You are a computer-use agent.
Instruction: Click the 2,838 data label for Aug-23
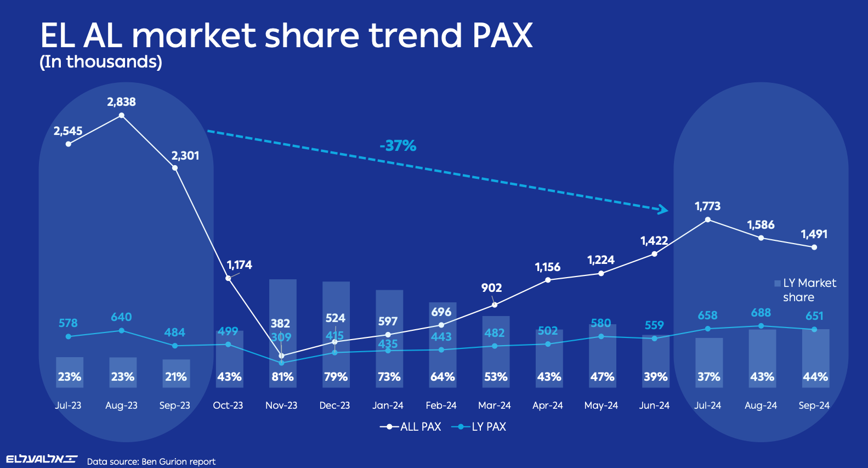[121, 102]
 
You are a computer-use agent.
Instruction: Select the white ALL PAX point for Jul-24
[707, 219]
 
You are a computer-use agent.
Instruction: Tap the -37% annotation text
[398, 146]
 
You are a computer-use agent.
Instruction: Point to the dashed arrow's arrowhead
[664, 209]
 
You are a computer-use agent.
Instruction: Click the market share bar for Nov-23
[282, 307]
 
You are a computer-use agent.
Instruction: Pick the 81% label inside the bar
[282, 377]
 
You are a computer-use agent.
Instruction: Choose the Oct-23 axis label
[228, 405]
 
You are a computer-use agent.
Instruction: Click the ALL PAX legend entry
[411, 427]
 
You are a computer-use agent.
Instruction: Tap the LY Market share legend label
[806, 290]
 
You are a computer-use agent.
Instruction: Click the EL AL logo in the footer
[41, 459]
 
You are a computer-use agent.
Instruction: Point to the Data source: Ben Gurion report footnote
[151, 461]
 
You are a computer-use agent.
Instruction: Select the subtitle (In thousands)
[101, 62]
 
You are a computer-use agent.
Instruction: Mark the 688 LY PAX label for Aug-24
[761, 313]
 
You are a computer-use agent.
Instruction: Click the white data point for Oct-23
[228, 278]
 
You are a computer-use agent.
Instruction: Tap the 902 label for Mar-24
[491, 288]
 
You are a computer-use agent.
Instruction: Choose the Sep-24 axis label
[814, 405]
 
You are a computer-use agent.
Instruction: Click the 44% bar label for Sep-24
[815, 377]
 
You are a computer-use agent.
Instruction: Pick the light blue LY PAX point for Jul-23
[69, 336]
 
